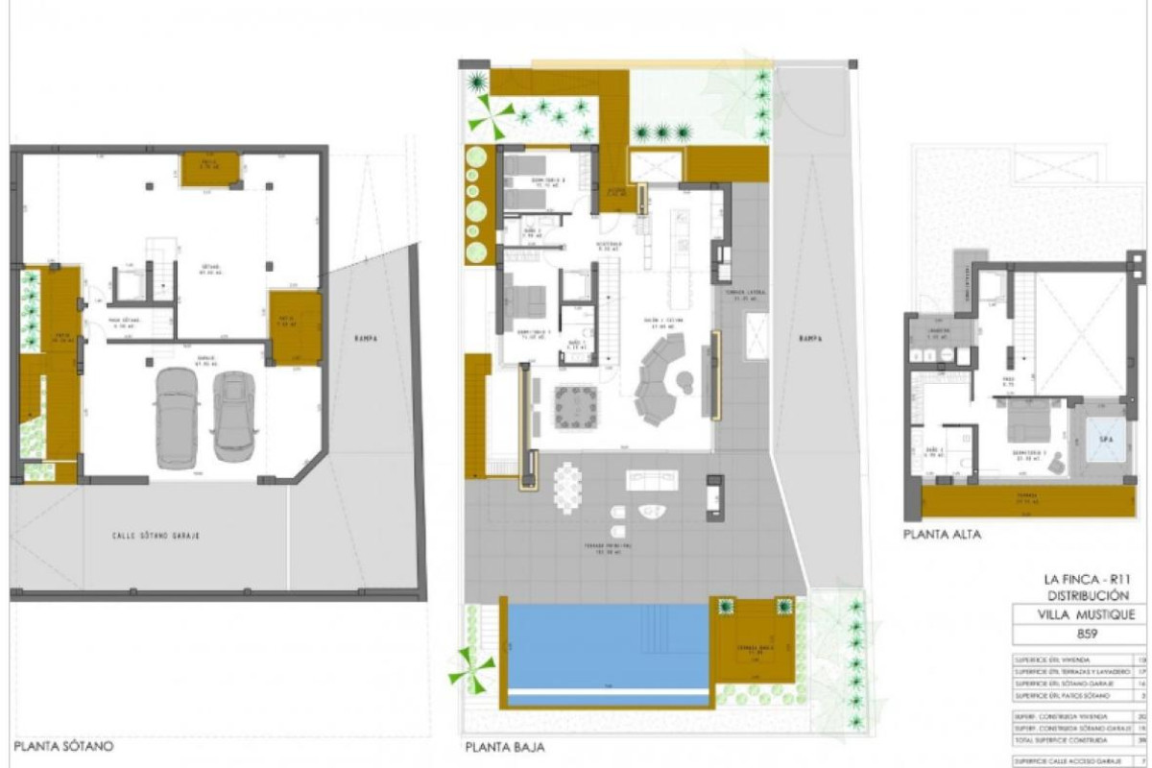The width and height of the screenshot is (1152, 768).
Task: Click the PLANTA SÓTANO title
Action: pos(63,745)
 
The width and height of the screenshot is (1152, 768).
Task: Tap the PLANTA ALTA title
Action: pos(943,535)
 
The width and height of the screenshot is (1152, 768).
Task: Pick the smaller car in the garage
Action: pos(234,416)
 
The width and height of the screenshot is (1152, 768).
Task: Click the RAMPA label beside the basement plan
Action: pos(364,338)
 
